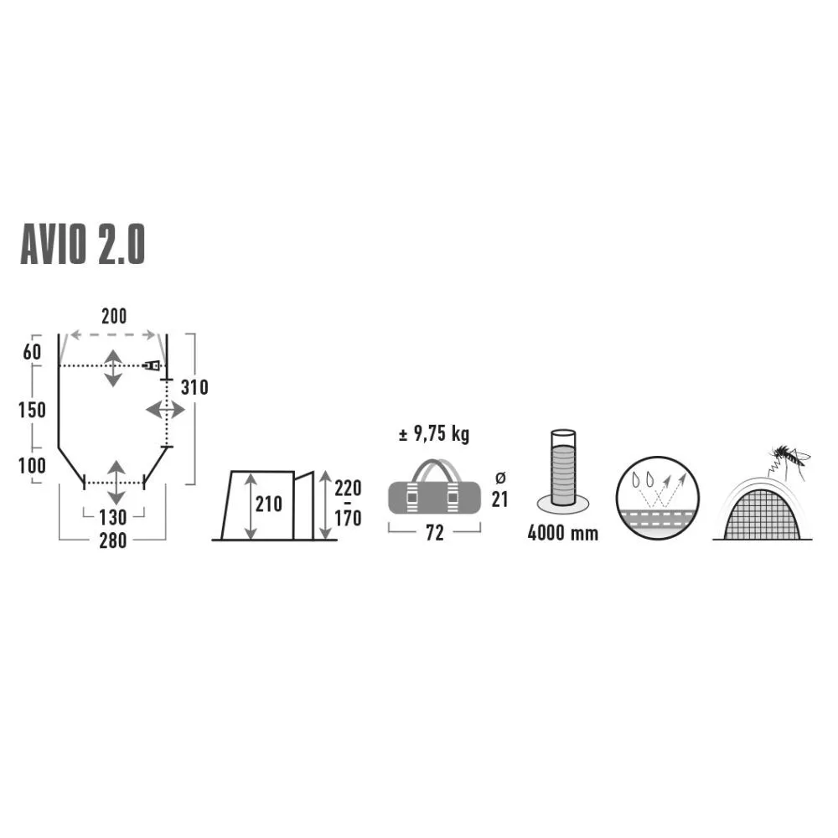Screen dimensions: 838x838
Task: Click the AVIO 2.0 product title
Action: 83,245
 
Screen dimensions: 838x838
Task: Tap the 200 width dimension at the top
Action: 114,317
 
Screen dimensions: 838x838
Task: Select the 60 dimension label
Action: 32,352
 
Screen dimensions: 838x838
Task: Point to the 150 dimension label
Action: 32,411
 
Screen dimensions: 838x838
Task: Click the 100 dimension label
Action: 32,466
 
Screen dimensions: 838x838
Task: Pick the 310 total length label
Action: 194,387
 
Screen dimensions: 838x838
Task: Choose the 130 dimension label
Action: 113,517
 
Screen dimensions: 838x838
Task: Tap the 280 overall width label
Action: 113,541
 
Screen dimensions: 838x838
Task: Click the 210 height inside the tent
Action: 268,504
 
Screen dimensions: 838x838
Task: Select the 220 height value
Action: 348,489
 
